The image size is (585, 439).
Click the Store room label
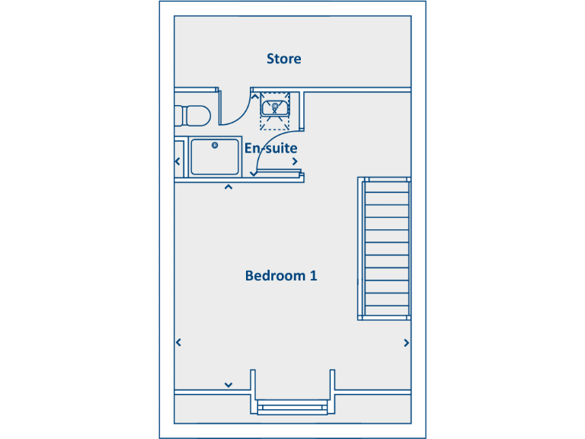[x=283, y=59]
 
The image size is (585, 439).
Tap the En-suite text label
[x=270, y=148]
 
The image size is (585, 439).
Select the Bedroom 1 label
[x=280, y=276]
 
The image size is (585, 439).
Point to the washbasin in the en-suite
[x=275, y=108]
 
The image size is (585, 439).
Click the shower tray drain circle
[x=215, y=145]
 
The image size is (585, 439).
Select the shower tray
[x=214, y=156]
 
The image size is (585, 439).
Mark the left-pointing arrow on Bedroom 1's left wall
[x=178, y=343]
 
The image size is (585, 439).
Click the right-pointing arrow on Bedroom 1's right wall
[x=407, y=343]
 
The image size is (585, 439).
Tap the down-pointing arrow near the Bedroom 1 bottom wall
[x=228, y=385]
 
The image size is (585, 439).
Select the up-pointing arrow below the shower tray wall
[x=228, y=187]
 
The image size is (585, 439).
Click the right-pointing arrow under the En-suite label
[x=295, y=162]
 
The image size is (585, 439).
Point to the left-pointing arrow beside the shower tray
[x=178, y=162]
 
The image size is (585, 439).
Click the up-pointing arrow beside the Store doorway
[x=254, y=96]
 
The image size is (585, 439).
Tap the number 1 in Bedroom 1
[x=312, y=276]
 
